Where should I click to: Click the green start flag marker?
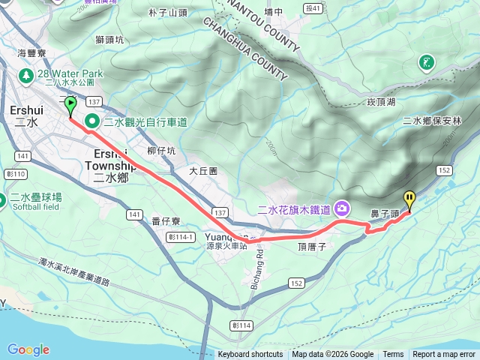tap(70, 106)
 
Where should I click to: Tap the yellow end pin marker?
tap(409, 200)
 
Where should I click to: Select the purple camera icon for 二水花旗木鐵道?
tap(343, 207)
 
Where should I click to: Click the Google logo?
tap(28, 349)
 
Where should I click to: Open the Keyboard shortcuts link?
tap(250, 355)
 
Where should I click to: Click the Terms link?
tap(393, 355)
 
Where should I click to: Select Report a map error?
tap(445, 355)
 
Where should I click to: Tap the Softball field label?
tap(36, 206)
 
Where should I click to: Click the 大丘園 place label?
tap(203, 171)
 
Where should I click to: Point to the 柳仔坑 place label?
tap(161, 151)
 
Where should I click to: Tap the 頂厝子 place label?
tap(310, 246)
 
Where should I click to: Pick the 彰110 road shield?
tap(16, 174)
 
